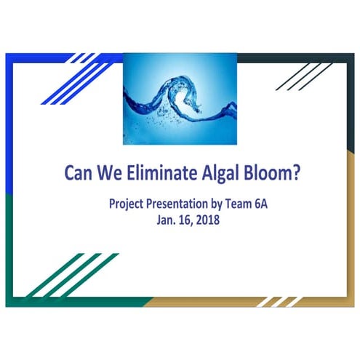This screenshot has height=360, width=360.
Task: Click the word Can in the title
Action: pos(79,175)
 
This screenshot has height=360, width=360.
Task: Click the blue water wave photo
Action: pos(180,98)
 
